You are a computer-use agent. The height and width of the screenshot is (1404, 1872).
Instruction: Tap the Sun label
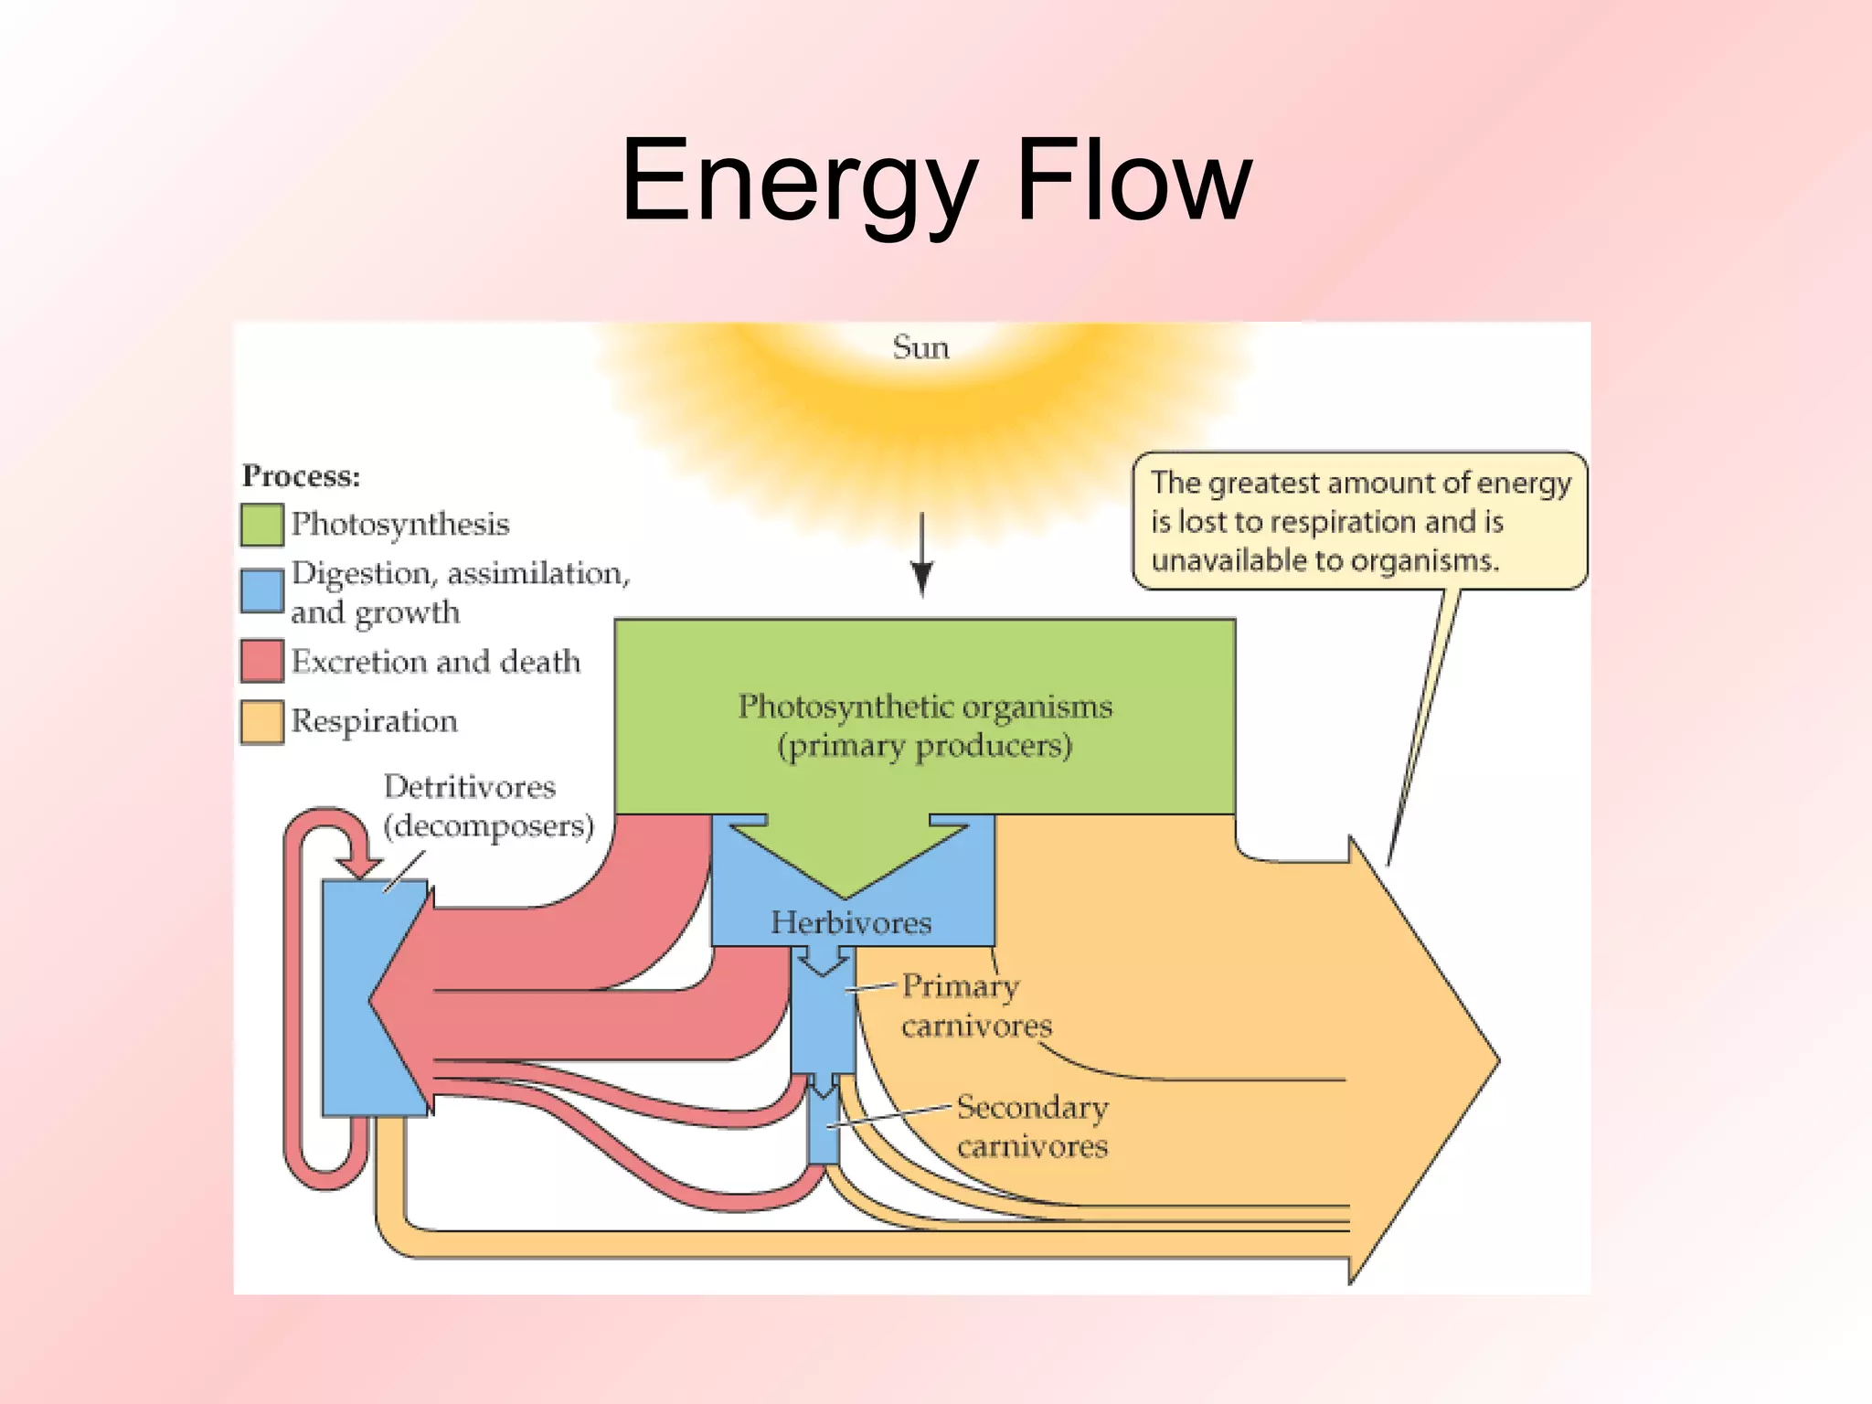click(920, 347)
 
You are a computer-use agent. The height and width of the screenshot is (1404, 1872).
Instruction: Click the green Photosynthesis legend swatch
click(261, 525)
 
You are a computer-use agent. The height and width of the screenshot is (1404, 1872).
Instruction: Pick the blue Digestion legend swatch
click(261, 591)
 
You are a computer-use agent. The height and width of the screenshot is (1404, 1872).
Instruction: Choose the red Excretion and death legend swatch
click(261, 661)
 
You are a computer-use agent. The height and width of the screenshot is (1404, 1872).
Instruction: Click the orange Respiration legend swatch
click(261, 722)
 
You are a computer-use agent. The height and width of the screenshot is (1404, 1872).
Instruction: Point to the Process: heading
click(301, 476)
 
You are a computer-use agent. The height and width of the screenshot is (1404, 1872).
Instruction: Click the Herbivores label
click(851, 922)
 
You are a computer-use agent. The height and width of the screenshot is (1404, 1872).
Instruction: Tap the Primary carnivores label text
click(974, 1005)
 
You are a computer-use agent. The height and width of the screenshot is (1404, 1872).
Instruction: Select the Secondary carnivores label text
click(1032, 1126)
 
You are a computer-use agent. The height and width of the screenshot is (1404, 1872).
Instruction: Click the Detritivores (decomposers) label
click(487, 806)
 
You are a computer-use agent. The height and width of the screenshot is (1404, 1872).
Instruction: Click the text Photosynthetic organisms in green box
click(925, 707)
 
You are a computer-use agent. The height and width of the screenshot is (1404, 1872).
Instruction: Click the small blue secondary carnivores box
click(824, 1130)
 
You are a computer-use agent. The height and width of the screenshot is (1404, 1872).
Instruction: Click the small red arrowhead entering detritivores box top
click(359, 866)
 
